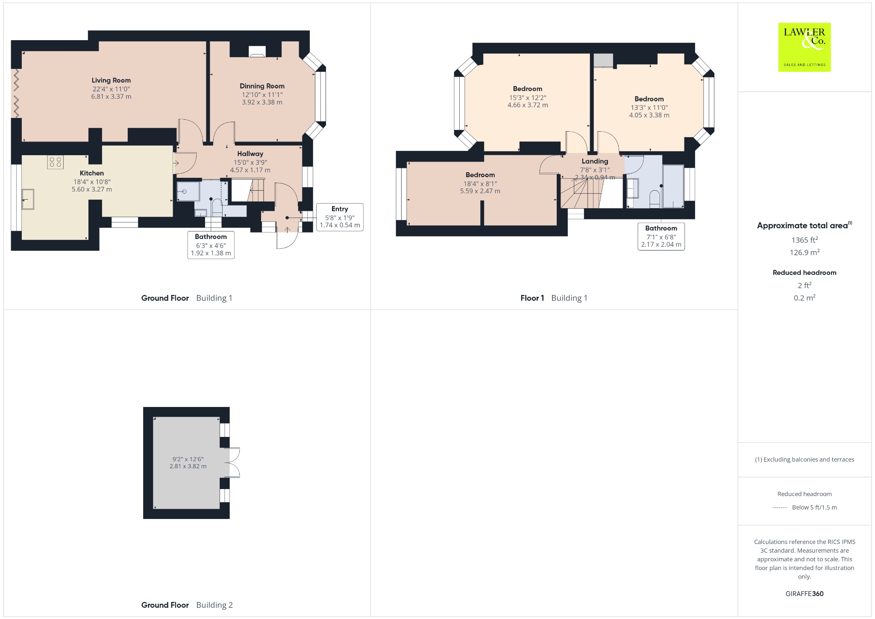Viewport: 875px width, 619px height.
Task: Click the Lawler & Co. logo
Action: [804, 47]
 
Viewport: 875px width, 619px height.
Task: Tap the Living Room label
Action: [111, 80]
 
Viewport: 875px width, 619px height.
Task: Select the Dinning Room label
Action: [262, 86]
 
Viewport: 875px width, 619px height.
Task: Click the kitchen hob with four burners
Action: [56, 162]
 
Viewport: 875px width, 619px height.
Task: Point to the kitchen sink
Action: [28, 199]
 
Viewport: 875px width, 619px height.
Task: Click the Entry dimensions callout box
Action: [340, 217]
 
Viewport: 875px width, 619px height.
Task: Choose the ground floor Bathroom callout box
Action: [211, 245]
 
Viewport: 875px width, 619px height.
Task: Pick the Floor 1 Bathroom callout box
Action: [661, 236]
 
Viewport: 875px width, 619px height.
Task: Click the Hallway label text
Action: [250, 154]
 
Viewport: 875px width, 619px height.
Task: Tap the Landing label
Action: [595, 161]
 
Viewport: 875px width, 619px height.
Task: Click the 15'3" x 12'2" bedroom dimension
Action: [528, 97]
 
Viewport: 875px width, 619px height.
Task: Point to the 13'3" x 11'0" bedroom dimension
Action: [649, 108]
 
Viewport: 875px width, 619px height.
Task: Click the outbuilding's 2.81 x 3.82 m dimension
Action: [188, 466]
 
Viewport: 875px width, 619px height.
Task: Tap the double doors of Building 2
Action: [233, 462]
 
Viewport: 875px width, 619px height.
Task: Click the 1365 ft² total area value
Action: [805, 240]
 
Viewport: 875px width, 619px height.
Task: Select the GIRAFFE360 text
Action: [805, 594]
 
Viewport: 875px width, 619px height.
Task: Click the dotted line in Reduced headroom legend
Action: [780, 508]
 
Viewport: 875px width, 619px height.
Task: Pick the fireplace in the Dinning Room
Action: [257, 51]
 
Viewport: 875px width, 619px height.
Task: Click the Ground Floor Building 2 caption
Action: [187, 605]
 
